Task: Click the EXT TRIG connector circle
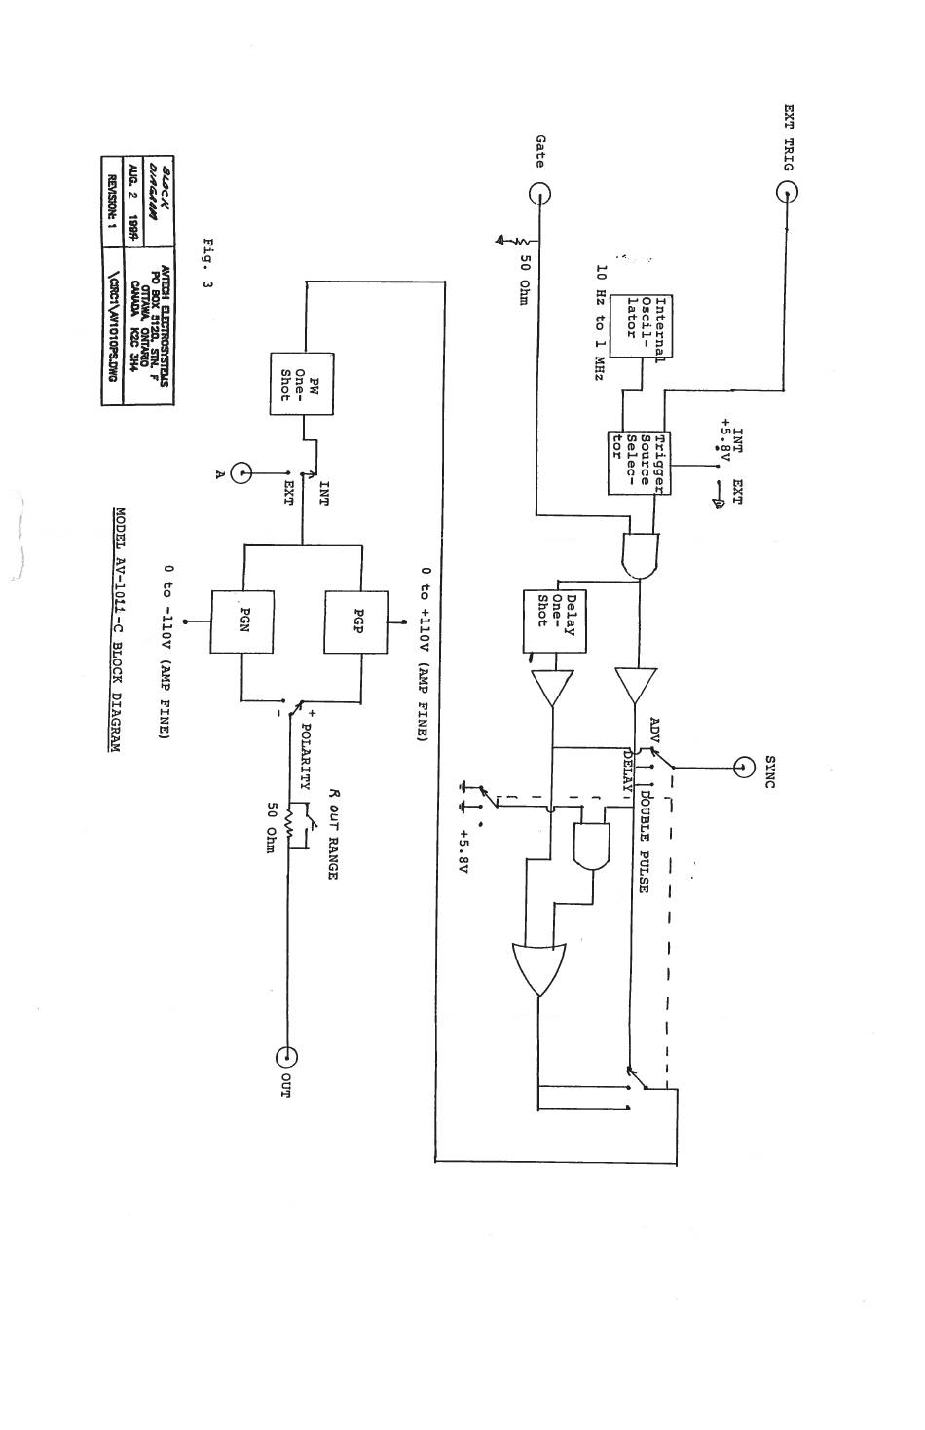[x=787, y=192]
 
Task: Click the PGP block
[x=343, y=621]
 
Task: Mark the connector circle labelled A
[x=240, y=473]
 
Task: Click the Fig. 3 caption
[x=206, y=263]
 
